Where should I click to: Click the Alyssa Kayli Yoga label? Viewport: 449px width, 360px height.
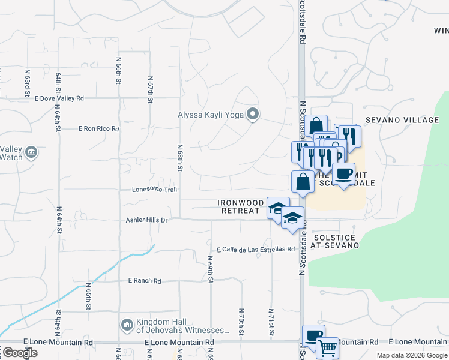[x=212, y=115]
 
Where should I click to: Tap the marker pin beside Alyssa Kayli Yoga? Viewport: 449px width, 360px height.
[x=253, y=114]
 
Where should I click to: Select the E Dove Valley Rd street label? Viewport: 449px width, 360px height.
[x=59, y=98]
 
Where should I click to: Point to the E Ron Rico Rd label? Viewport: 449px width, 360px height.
[x=99, y=128]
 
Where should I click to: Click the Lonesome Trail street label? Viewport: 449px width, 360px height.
[x=155, y=190]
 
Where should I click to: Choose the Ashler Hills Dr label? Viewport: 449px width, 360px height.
[x=146, y=220]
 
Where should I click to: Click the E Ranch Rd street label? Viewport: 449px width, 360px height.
[x=145, y=281]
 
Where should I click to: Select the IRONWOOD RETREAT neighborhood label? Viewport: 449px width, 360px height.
[x=241, y=207]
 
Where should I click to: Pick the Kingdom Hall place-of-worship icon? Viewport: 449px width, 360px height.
[x=127, y=325]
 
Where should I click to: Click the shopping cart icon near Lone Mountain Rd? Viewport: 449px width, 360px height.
[x=327, y=347]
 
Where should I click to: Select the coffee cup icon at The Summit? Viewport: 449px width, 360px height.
[x=343, y=174]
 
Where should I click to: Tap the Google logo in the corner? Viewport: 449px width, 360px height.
[x=19, y=353]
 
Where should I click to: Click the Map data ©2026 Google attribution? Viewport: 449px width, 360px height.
[x=411, y=355]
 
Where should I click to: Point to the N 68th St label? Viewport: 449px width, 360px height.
[x=179, y=157]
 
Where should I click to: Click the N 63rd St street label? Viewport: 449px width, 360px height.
[x=27, y=82]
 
